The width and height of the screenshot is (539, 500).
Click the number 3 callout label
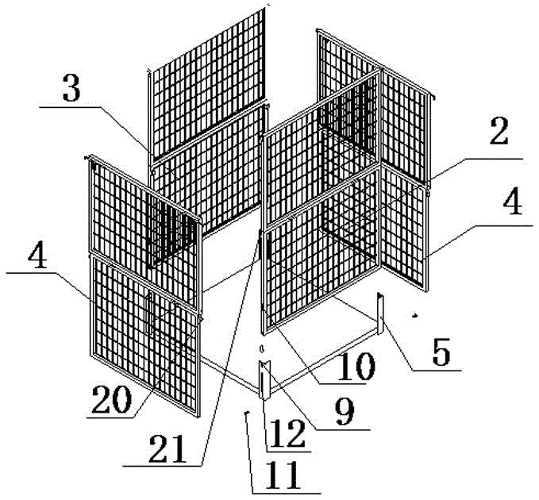pos(71,91)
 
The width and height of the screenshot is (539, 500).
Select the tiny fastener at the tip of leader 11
pos(247,412)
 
